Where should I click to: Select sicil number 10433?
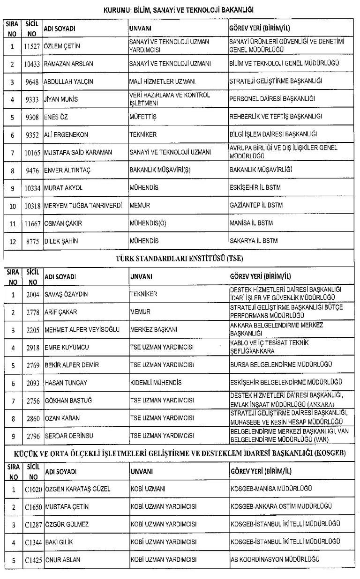pos(32,63)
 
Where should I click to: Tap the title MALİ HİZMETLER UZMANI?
pos(157,81)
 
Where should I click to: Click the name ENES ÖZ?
pos(56,117)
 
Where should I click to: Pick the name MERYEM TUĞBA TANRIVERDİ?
pos(83,205)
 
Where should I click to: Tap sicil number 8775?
pos(32,241)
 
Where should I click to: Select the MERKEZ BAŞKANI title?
pos(153,329)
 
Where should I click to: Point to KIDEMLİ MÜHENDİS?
pos(155,383)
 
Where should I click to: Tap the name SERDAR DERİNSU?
pos(68,436)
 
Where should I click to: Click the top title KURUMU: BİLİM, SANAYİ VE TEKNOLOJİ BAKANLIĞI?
pos(180,9)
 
